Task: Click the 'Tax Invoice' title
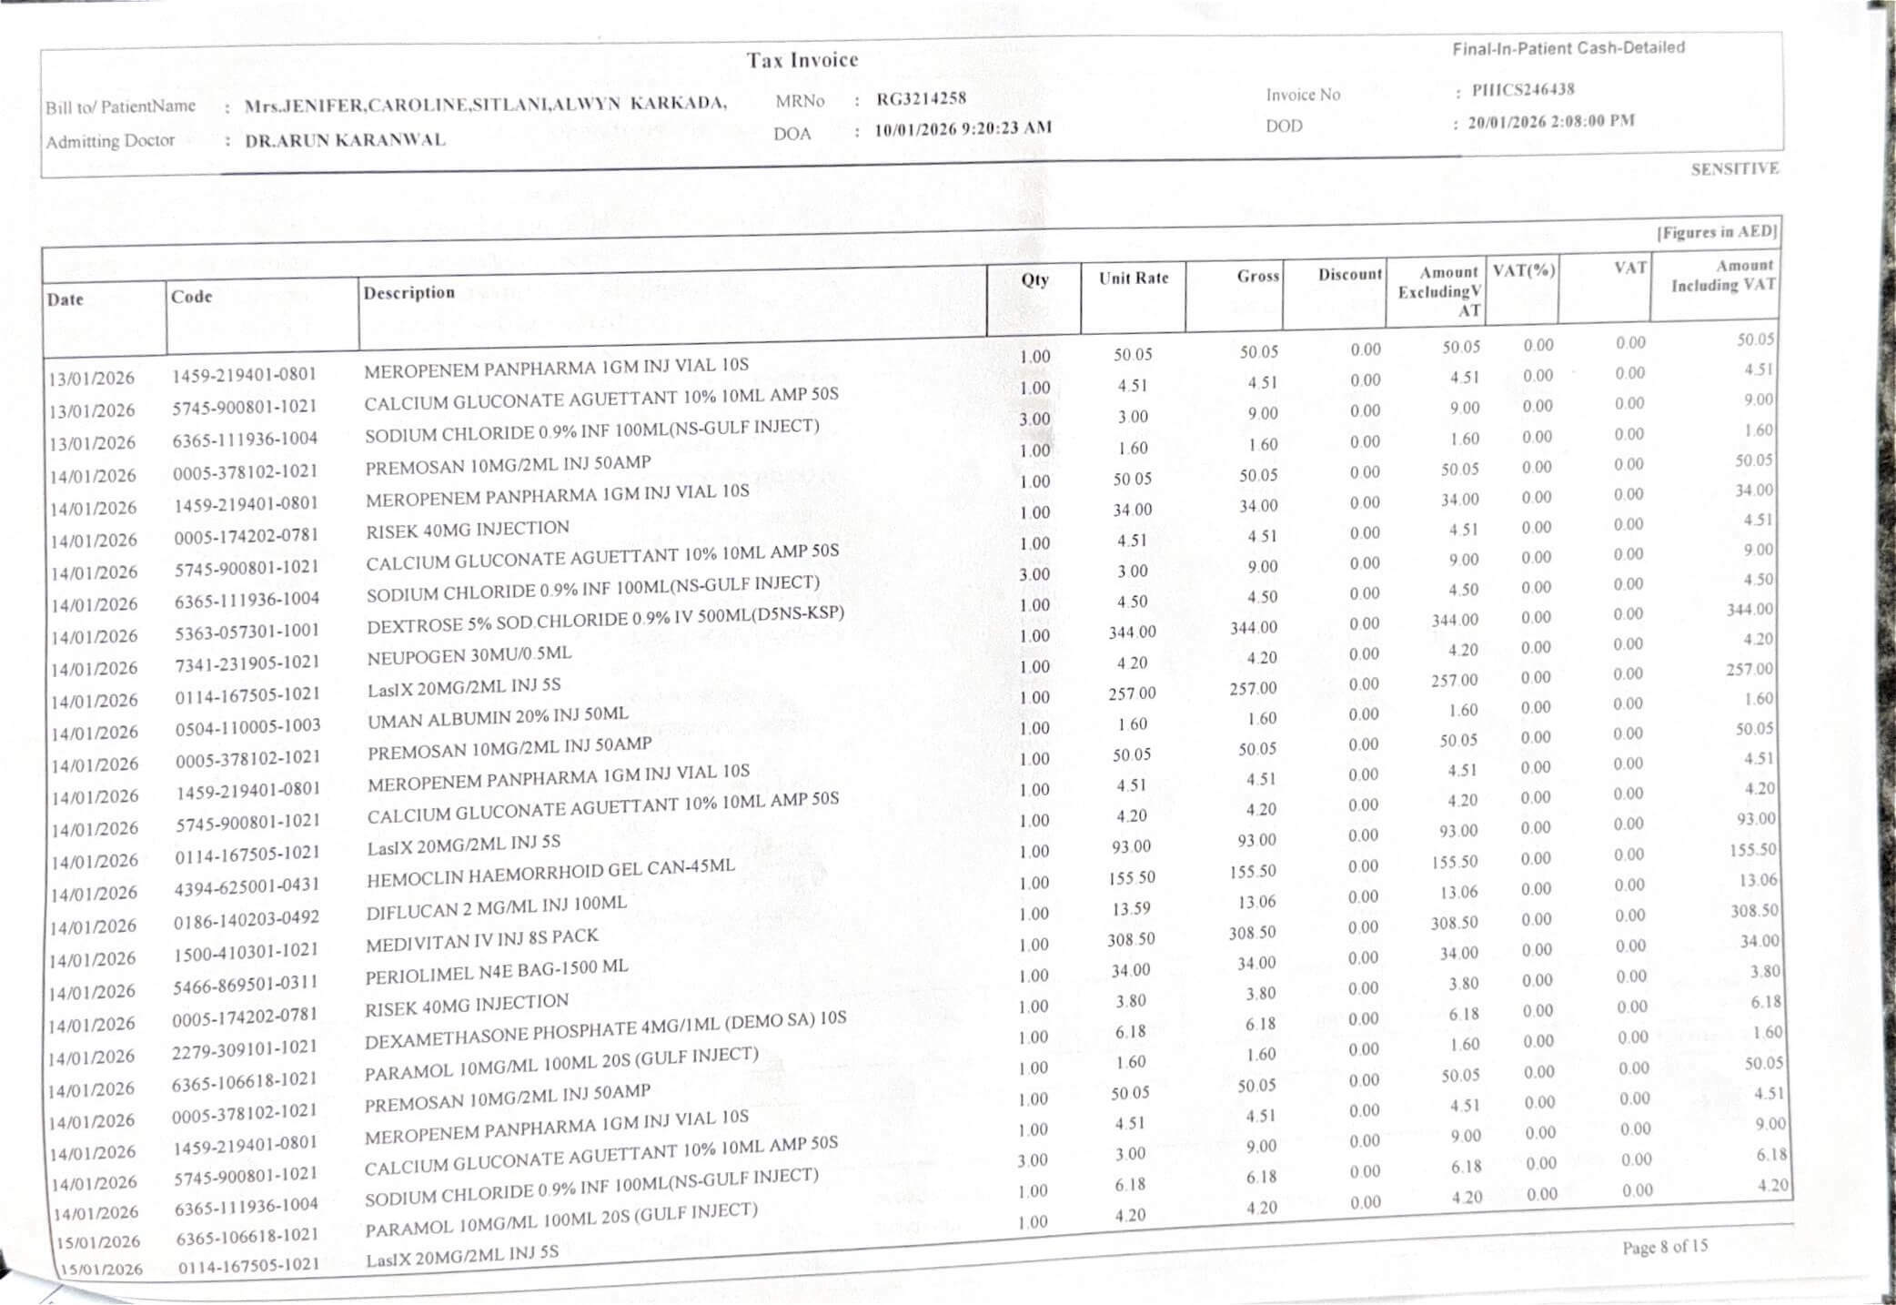pyautogui.click(x=802, y=60)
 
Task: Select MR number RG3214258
pyautogui.click(x=921, y=98)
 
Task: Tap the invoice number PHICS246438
pyautogui.click(x=1522, y=89)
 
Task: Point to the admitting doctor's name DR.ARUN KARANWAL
pyautogui.click(x=345, y=140)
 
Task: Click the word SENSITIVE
pyautogui.click(x=1734, y=168)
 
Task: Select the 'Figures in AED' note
pyautogui.click(x=1716, y=231)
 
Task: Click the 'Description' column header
pyautogui.click(x=408, y=292)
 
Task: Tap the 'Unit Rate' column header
pyautogui.click(x=1133, y=278)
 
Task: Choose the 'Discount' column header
pyautogui.click(x=1349, y=274)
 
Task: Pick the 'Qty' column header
pyautogui.click(x=1034, y=279)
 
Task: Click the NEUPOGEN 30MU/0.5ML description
pyautogui.click(x=469, y=655)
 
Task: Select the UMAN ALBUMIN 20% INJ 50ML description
pyautogui.click(x=498, y=718)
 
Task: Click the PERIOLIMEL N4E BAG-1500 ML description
pyautogui.click(x=497, y=972)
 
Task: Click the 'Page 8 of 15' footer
pyautogui.click(x=1665, y=1247)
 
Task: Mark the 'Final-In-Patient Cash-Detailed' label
pyautogui.click(x=1568, y=48)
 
